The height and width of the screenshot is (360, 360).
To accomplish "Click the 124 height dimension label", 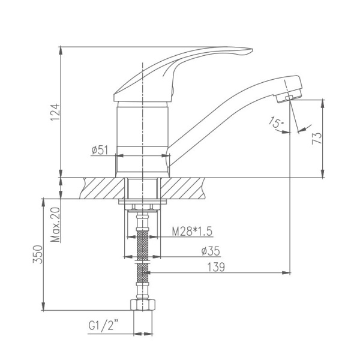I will [x=55, y=113].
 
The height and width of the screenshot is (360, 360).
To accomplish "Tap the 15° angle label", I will [x=276, y=124].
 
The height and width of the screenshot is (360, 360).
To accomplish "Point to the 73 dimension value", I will [x=317, y=137].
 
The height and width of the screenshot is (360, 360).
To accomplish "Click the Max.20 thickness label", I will [x=55, y=224].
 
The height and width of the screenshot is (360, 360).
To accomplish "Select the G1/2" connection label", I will [x=103, y=326].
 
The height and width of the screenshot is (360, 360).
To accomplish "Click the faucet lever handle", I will [x=180, y=63].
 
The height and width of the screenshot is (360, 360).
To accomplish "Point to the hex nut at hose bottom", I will [x=142, y=305].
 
